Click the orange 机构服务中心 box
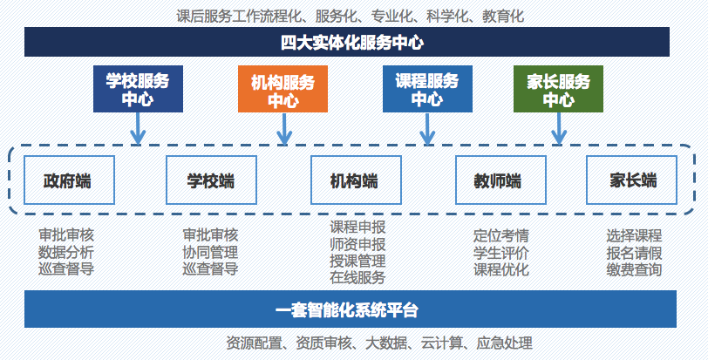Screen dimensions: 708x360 283,89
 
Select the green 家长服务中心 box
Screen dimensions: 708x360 559,89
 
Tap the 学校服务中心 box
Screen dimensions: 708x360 138,89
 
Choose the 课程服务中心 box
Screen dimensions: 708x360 427,89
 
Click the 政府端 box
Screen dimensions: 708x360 69,180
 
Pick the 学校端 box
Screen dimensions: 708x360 211,180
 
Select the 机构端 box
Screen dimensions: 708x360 357,180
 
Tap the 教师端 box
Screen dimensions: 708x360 500,180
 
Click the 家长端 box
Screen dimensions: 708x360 631,180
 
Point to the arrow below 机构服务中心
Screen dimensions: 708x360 284,129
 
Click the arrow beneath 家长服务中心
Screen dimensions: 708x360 559,129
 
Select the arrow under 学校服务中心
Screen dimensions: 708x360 138,129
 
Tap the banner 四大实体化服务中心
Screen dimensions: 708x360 347,42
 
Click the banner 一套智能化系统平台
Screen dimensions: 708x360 351,309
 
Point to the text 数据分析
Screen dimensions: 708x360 66,252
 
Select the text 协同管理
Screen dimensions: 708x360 210,252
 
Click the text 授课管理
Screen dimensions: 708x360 357,261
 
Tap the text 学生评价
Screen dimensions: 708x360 500,253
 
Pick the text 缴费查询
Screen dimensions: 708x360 634,269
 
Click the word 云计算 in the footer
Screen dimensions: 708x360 442,343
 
